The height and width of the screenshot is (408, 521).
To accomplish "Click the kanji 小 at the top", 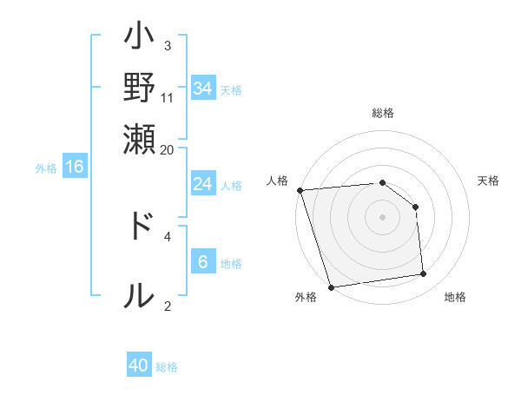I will click(x=139, y=40).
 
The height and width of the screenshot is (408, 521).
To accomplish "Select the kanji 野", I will click(x=139, y=88).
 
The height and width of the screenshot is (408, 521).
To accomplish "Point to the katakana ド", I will click(x=139, y=226).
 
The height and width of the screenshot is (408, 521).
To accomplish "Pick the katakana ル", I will click(x=139, y=295).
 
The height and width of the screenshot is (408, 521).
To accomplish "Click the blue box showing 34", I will click(x=203, y=88).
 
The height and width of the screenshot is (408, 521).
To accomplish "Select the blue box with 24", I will click(x=203, y=184).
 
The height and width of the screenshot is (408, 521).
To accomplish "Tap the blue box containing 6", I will click(x=203, y=262).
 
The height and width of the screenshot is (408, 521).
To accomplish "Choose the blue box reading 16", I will click(x=75, y=167).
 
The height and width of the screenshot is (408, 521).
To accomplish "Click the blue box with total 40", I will click(x=139, y=365).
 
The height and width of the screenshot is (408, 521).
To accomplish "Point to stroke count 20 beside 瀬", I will click(x=168, y=148).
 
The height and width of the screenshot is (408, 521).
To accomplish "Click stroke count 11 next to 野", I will click(x=168, y=97).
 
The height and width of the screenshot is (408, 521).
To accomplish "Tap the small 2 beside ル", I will click(x=168, y=305).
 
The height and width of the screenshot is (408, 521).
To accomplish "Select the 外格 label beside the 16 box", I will click(x=46, y=168).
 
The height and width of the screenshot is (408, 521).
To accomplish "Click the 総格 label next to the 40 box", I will click(x=167, y=367).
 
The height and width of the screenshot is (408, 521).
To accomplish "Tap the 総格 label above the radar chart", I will click(x=383, y=113).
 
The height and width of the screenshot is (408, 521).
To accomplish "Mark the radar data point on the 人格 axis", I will click(x=300, y=190).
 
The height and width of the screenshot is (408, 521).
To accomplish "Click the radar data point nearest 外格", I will click(x=331, y=287).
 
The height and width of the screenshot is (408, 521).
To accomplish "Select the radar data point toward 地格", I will click(x=424, y=274).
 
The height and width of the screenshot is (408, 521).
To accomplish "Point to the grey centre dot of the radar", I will click(x=383, y=216).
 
